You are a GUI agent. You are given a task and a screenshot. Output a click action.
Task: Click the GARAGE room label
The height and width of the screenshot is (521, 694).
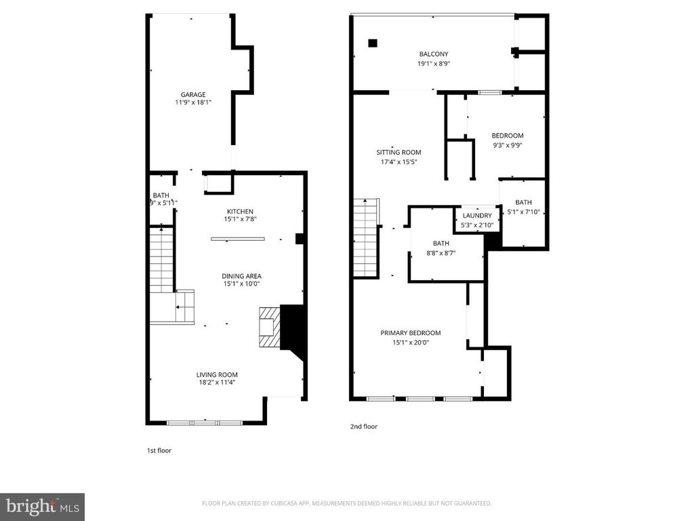point(192,95)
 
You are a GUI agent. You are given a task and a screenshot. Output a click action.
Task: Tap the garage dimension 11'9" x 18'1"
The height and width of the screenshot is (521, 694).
point(192,103)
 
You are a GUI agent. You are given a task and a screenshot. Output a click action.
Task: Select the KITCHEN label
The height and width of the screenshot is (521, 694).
point(240,212)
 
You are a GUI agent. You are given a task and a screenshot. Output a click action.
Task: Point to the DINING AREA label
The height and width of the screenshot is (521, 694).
point(241,276)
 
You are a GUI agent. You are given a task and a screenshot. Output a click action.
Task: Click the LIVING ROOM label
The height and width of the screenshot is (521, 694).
point(217,374)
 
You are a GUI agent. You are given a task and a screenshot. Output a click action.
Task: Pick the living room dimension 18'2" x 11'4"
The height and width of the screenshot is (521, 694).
point(217,383)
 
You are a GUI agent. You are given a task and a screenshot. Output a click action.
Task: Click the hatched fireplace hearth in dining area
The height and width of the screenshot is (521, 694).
point(268,327)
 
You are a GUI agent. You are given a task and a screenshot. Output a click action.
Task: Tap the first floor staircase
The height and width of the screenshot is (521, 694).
point(161,261)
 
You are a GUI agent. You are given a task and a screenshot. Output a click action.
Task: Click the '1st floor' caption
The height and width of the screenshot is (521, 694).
point(159,450)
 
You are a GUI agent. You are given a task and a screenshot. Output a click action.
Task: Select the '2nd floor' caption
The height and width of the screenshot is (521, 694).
point(363,427)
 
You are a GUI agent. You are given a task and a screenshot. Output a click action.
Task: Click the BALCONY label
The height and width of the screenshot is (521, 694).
point(434,54)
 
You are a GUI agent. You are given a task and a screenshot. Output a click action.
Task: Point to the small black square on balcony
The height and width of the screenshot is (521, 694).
point(372,43)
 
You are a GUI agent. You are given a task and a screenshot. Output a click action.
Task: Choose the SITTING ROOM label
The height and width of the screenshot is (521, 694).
point(399,153)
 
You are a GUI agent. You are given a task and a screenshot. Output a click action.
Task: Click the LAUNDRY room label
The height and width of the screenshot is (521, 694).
point(476,216)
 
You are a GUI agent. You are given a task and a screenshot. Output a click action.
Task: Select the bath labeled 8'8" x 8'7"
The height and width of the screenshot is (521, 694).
point(441,248)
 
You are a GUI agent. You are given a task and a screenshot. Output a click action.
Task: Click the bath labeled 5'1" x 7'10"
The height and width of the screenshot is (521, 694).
point(523,207)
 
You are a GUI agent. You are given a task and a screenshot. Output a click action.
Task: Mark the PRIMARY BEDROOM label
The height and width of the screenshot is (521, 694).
point(411,333)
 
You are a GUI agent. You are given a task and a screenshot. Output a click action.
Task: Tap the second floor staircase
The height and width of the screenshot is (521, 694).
point(366,237)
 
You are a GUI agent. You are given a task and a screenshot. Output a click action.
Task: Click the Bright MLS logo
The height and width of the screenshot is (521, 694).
point(42,506)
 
